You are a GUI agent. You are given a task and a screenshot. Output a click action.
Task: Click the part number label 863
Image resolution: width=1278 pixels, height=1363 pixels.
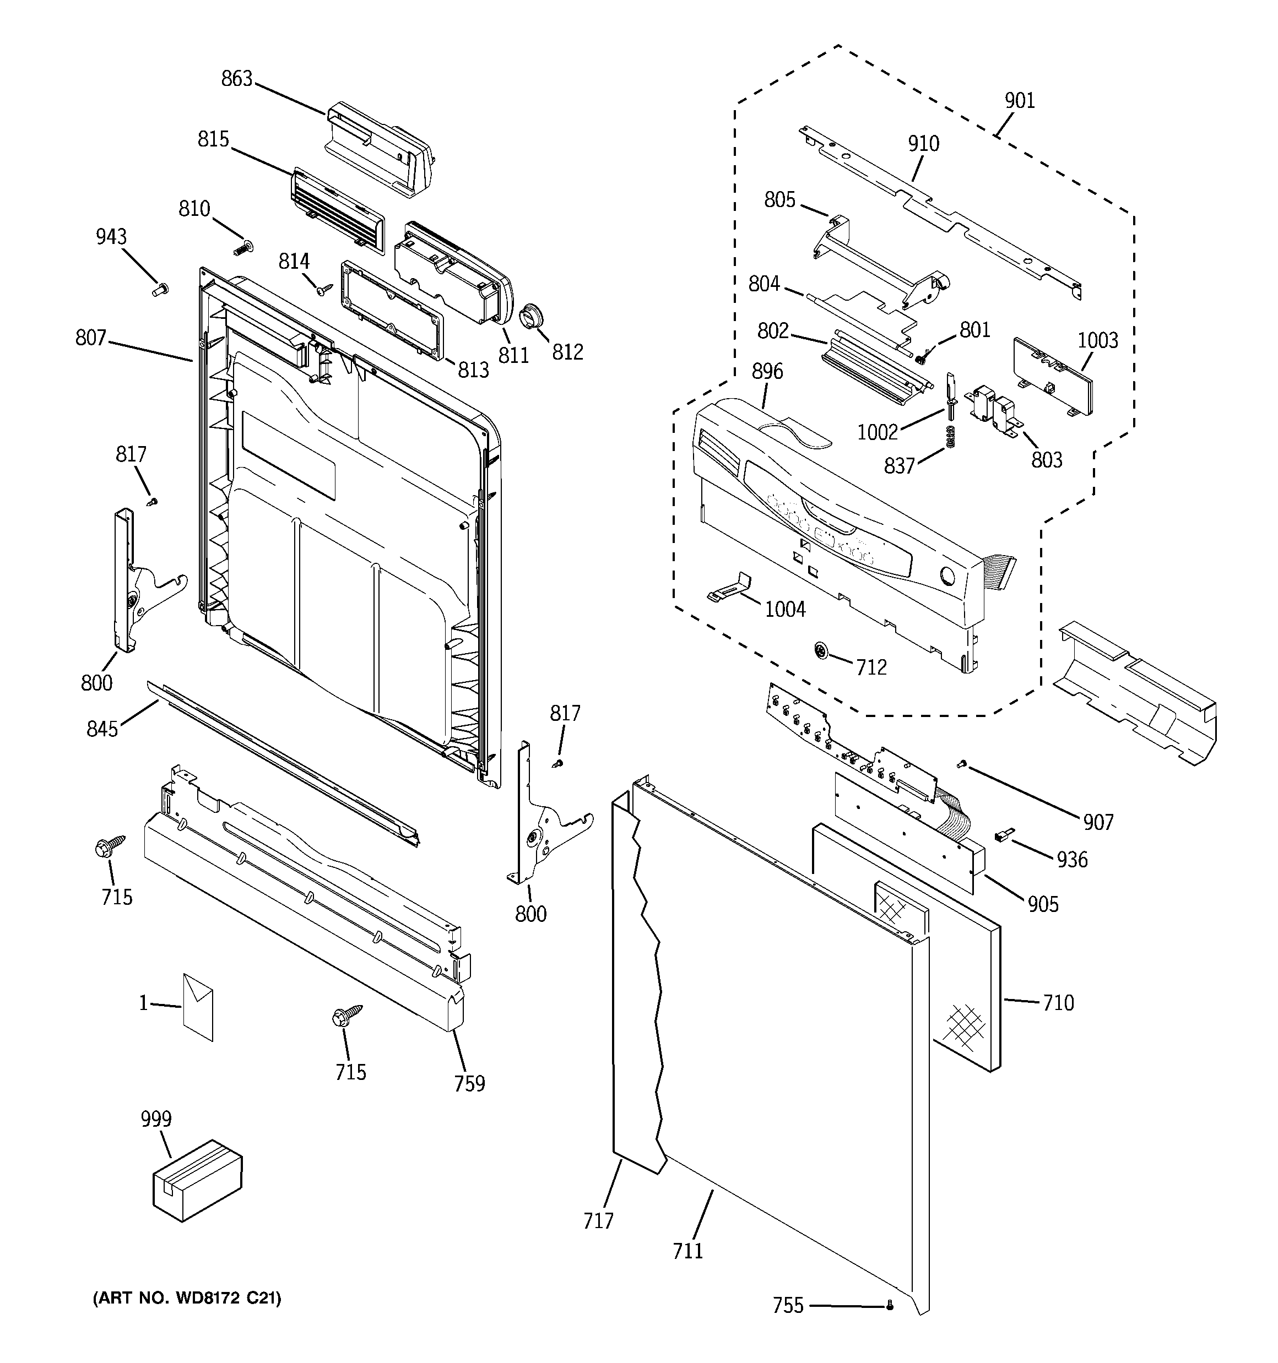coord(237,79)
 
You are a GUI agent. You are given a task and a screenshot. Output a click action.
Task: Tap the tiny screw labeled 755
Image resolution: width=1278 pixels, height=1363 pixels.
coord(890,1306)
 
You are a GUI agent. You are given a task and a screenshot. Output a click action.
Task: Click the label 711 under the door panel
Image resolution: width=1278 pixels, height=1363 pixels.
coord(687,1251)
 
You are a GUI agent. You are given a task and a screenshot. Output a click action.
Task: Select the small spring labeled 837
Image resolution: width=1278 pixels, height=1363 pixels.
coord(951,436)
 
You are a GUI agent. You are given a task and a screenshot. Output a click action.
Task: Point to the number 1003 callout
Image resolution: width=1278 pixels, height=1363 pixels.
coord(1097,341)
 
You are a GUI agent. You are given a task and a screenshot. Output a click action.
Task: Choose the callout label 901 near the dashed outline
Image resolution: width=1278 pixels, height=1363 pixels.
coord(1020,101)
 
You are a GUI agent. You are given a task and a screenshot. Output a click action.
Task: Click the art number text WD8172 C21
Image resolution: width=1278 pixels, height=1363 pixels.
coord(187,1299)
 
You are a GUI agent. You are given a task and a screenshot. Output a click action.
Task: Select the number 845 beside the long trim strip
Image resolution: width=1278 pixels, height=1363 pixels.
coord(102,729)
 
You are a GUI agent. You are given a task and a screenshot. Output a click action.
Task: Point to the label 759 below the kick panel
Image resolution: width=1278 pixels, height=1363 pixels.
coord(469,1083)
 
